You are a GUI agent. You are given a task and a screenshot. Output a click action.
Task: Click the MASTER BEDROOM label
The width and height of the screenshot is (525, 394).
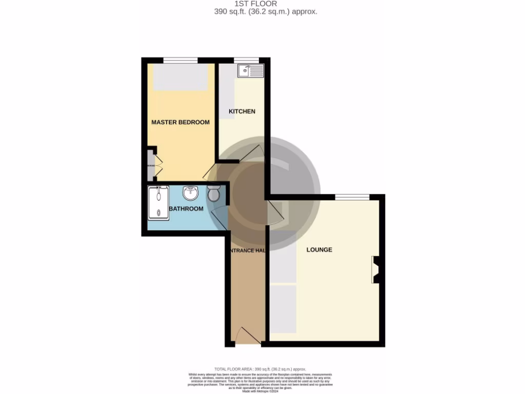[180, 122]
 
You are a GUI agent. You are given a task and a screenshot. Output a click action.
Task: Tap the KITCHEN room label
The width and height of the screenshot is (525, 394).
[241, 111]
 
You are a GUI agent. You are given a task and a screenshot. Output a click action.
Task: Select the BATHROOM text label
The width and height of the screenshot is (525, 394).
[186, 209]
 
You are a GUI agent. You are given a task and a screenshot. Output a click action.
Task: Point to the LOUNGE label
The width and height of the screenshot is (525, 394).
[319, 250]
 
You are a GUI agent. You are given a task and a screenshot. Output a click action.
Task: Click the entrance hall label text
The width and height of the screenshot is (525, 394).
[247, 250]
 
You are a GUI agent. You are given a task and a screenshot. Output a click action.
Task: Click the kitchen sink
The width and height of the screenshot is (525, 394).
[250, 71]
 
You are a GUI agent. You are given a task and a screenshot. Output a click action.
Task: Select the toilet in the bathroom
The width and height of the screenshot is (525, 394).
[214, 193]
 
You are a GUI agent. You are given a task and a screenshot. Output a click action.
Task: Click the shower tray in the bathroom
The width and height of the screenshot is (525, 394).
[158, 203]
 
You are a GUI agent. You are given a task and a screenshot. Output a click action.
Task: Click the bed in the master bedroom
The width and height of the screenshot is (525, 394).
[180, 77]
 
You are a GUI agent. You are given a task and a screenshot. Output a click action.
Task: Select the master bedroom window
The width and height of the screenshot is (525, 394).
[180, 61]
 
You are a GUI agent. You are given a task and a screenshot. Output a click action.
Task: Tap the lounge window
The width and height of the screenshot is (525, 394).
[352, 197]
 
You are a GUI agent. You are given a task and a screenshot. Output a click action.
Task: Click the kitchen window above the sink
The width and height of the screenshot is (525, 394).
[246, 61]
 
